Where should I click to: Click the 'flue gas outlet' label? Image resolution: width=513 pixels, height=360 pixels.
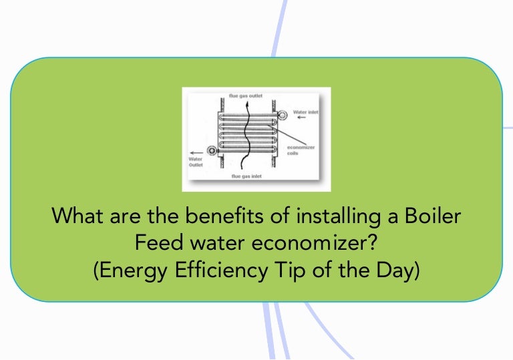[246, 96]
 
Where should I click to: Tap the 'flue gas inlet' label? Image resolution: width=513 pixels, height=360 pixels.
[246, 176]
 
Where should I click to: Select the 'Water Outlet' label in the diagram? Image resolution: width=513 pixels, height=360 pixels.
[196, 162]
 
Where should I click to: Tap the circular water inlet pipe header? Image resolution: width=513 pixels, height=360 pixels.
[283, 114]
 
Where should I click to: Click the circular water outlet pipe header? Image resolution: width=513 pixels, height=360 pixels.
[212, 152]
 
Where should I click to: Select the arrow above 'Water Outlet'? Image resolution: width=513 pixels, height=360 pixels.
[196, 152]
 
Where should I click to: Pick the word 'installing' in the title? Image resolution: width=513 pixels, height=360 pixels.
[331, 216]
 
